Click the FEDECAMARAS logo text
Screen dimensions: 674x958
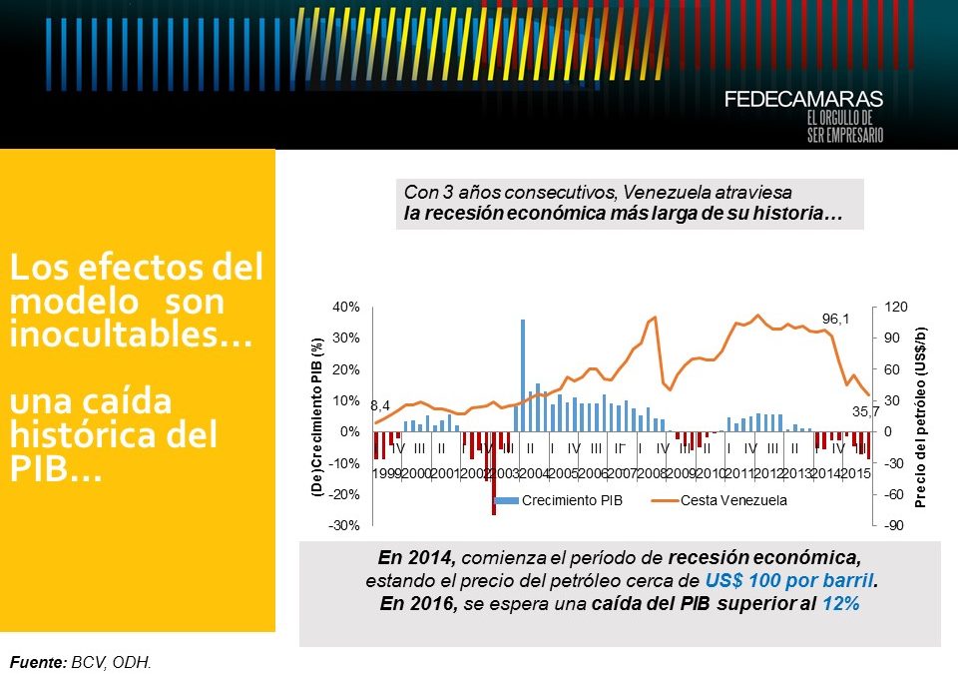pos(803,100)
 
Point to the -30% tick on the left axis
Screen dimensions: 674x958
pos(345,525)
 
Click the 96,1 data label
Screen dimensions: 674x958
pos(835,319)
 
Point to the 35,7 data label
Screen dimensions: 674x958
pos(864,411)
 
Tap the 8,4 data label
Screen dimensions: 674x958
pos(380,406)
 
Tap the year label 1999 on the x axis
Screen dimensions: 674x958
pos(386,472)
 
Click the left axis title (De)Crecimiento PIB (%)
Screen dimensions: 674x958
pos(317,416)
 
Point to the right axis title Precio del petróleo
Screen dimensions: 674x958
pos(921,416)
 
